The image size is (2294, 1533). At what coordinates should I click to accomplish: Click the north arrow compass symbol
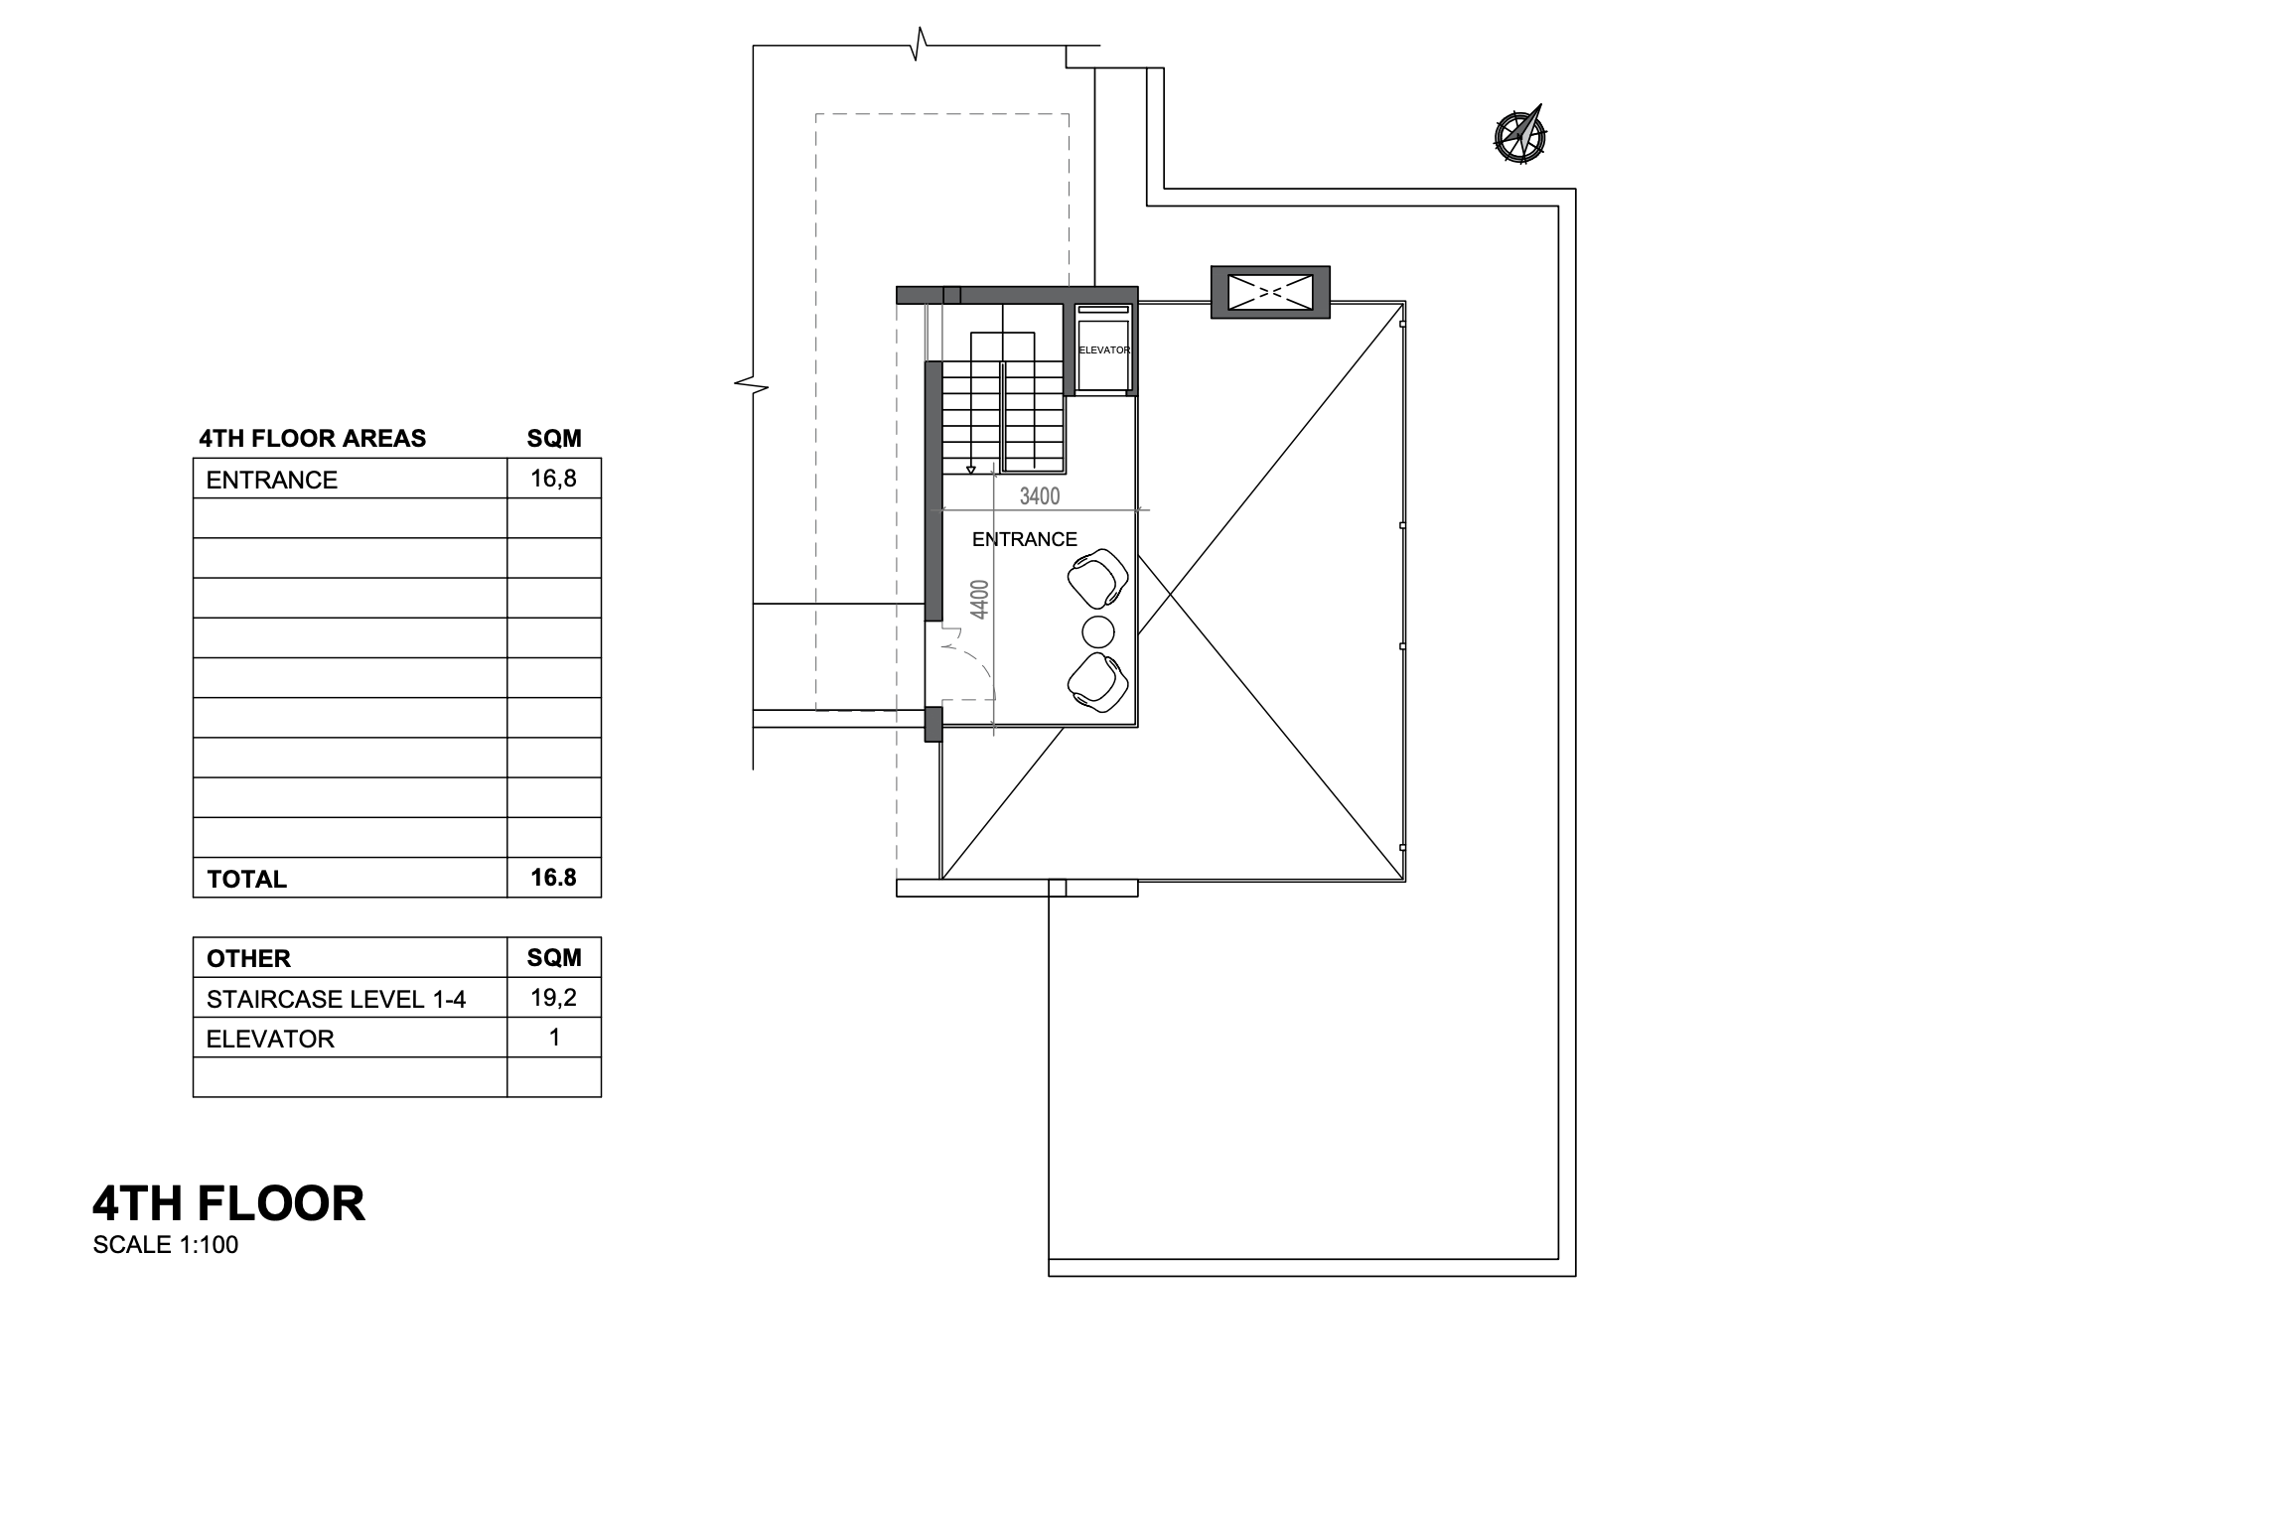[x=1519, y=135]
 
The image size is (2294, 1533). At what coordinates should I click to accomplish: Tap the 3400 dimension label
[x=1040, y=496]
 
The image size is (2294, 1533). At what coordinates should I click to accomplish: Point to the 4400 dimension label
[x=980, y=600]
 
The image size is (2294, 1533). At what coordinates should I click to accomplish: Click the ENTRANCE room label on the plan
[x=1024, y=539]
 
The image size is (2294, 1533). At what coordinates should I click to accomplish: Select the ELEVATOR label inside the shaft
[x=1103, y=350]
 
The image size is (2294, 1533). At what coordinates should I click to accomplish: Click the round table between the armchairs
[x=1097, y=630]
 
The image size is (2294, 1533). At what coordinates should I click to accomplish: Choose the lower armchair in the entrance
[x=1098, y=682]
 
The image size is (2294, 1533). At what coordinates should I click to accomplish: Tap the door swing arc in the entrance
[x=978, y=662]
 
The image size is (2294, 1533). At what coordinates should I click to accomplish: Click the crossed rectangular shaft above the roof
[x=1270, y=292]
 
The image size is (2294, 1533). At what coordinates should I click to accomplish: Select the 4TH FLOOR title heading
[x=228, y=1203]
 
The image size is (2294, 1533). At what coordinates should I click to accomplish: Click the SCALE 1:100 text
[x=166, y=1245]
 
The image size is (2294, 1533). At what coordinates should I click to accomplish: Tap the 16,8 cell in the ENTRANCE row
[x=553, y=479]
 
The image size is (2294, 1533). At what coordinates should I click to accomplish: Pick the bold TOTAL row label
[x=246, y=879]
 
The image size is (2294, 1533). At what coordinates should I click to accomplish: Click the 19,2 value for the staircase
[x=553, y=998]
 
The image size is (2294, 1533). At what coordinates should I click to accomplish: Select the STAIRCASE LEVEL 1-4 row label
[x=336, y=999]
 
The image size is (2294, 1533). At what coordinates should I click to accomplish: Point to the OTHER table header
[x=248, y=958]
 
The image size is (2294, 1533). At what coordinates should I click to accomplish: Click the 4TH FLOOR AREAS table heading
[x=313, y=438]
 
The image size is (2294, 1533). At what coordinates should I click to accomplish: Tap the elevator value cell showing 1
[x=554, y=1038]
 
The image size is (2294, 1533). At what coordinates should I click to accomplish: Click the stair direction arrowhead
[x=971, y=469]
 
